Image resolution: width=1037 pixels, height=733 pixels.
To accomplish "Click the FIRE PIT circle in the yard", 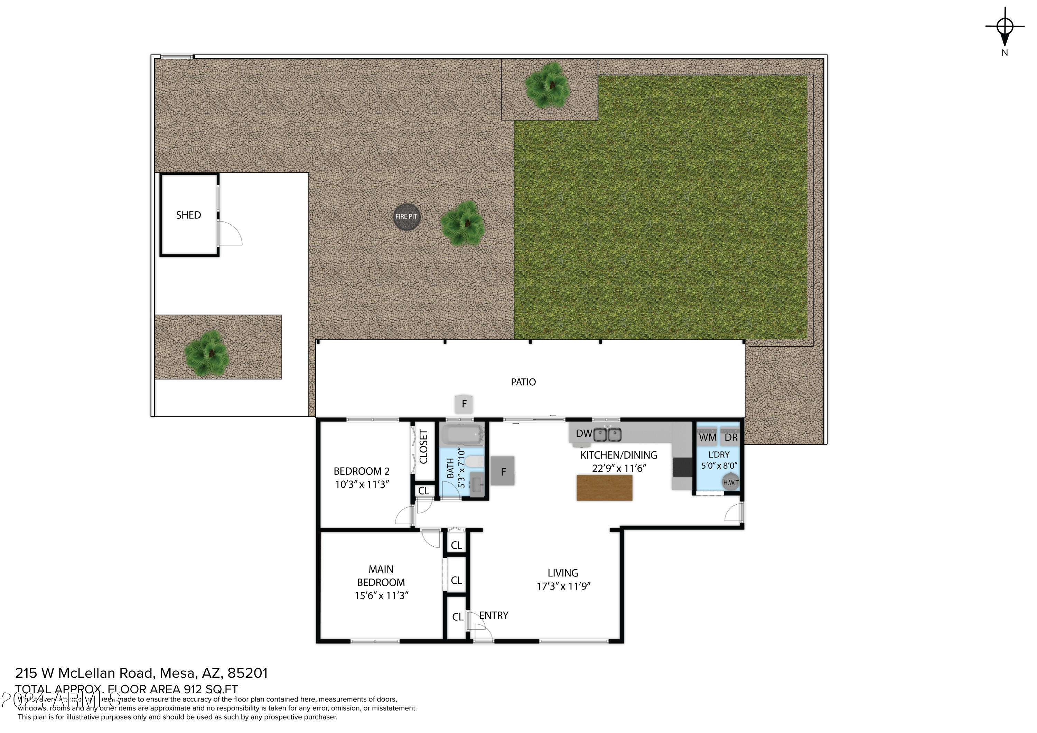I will click(x=406, y=217).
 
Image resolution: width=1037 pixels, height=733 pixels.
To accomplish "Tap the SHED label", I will click(x=188, y=215).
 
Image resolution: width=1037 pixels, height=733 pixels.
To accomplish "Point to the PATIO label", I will click(x=523, y=383).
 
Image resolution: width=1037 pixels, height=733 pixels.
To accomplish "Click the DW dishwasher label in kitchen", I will click(x=583, y=434).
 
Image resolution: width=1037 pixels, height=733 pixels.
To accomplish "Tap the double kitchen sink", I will click(x=607, y=435).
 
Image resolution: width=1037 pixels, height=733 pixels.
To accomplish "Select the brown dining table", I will click(x=604, y=488).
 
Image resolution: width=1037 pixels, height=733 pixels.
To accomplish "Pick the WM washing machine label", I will click(x=707, y=438).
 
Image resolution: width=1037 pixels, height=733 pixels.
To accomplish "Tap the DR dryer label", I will click(x=731, y=438).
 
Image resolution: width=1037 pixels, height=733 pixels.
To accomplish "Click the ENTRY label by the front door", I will click(x=493, y=615).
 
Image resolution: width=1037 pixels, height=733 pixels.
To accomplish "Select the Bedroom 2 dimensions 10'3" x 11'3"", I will click(x=362, y=485).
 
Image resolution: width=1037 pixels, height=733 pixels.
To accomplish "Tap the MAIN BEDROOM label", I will click(x=381, y=576).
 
